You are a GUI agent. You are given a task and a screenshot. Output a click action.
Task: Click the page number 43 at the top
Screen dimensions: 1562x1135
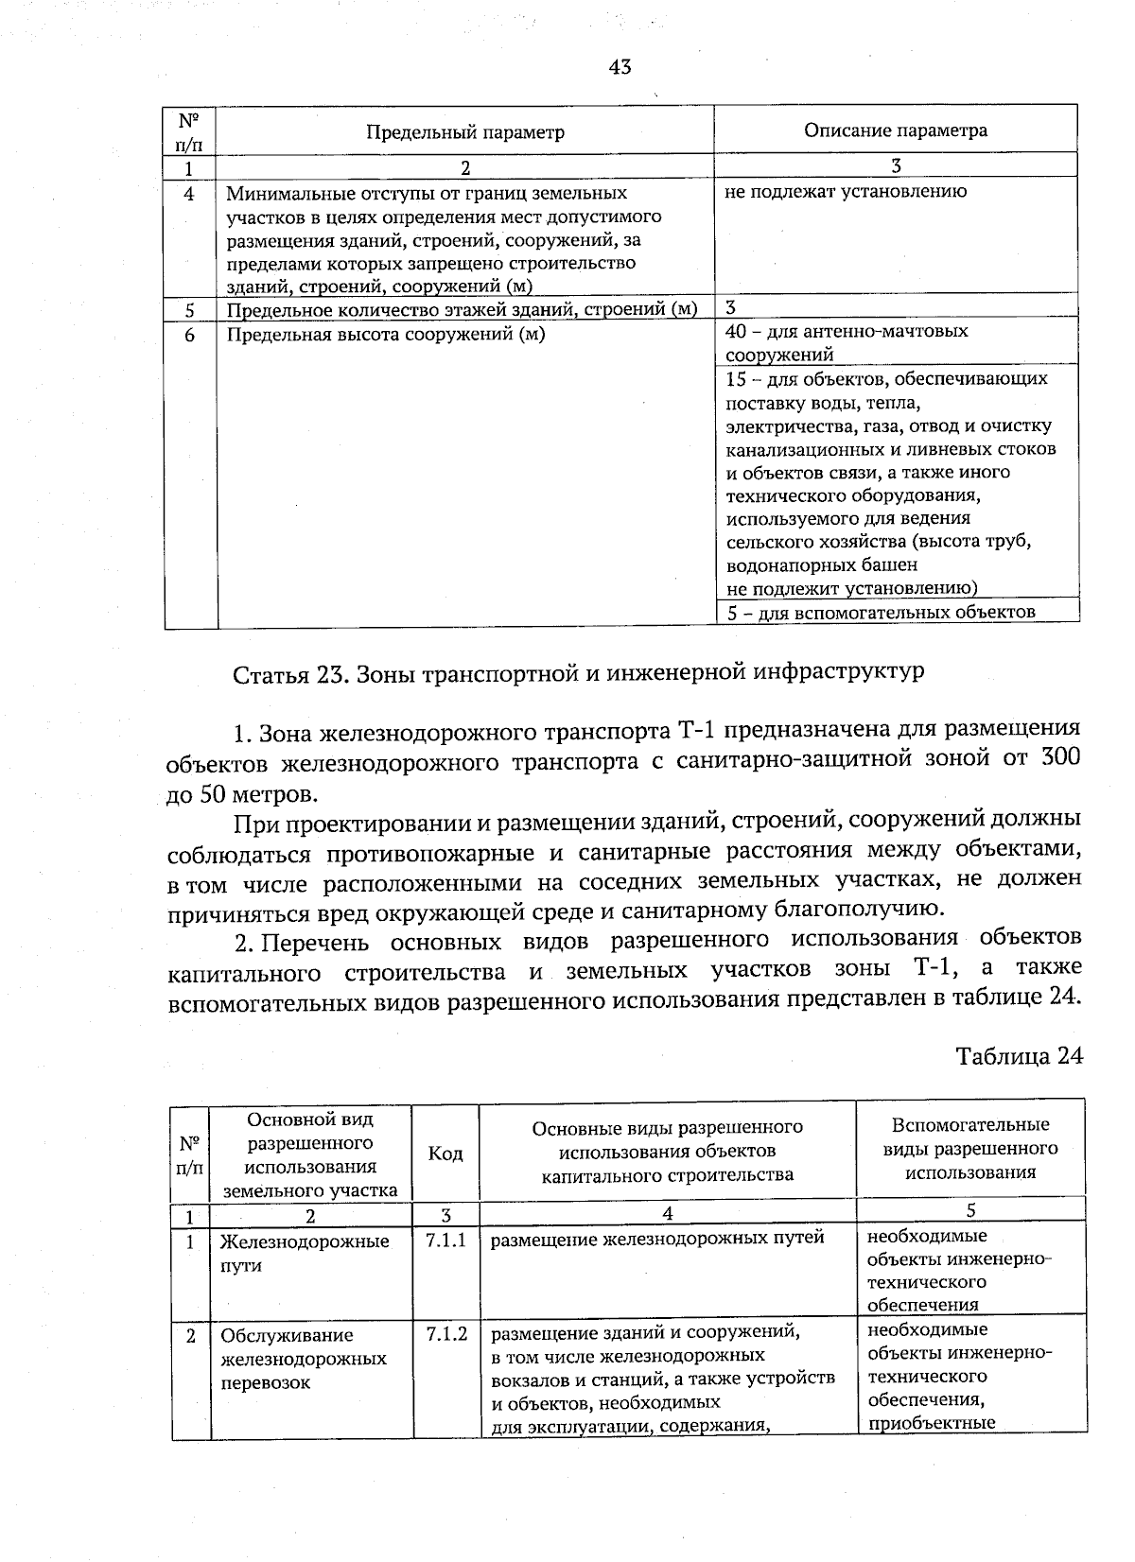[x=620, y=67]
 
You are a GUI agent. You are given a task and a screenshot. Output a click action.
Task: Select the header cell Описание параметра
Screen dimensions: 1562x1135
[x=895, y=130]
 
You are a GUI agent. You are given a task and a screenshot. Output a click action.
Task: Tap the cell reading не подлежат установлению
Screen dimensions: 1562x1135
[x=846, y=192]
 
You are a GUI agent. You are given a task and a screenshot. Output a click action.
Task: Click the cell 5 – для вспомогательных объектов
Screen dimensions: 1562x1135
[x=882, y=612]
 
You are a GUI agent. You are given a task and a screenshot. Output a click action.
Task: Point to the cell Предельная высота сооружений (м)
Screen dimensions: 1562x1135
[x=385, y=335]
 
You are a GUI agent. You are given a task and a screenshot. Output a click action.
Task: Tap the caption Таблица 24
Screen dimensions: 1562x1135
[x=1018, y=1056]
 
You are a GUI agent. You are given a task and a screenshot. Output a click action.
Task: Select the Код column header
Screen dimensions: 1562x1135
[x=445, y=1154]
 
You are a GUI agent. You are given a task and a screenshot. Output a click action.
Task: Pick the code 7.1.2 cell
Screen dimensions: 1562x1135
[x=446, y=1335]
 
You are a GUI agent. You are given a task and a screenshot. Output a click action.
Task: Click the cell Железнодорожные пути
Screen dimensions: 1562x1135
[x=304, y=1253]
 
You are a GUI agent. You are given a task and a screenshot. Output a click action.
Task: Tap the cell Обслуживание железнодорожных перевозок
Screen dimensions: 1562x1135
[x=303, y=1359]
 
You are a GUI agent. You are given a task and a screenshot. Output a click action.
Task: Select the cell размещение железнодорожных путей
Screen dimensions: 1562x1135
[x=657, y=1238]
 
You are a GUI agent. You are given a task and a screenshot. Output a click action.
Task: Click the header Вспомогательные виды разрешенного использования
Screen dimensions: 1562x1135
[x=970, y=1149]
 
